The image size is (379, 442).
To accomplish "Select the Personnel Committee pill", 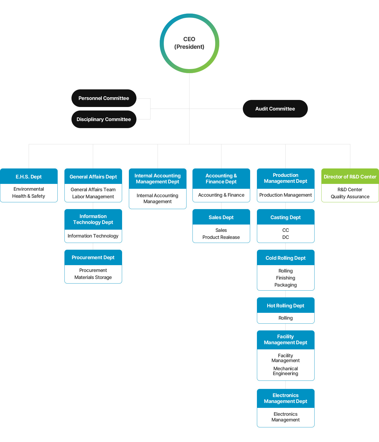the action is point(104,98).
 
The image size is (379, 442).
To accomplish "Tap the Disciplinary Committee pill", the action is point(104,119).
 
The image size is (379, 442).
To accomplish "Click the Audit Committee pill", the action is point(275,109).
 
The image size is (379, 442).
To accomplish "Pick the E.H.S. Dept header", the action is point(29,176).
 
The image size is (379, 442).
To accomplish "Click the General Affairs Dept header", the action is point(93,176).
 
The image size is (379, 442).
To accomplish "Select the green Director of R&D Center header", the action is point(350,176).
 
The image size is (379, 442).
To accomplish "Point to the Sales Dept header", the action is point(221,217).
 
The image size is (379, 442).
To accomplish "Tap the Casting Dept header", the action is point(286,217).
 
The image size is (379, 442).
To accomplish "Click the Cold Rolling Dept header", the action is point(286,258).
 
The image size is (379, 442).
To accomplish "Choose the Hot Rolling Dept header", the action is point(286,305).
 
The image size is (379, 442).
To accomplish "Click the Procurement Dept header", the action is point(93,258).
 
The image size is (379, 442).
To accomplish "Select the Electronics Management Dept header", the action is point(286,398).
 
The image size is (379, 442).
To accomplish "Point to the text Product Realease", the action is point(221,237).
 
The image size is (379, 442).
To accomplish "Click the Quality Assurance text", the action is point(350,197).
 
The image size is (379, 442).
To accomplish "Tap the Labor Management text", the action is point(93,197).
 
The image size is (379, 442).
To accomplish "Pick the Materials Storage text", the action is point(93,277).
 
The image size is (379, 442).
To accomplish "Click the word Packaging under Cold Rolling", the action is point(286,285).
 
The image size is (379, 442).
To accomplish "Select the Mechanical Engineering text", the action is point(286,371).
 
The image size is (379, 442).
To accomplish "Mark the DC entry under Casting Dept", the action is point(286,237).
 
